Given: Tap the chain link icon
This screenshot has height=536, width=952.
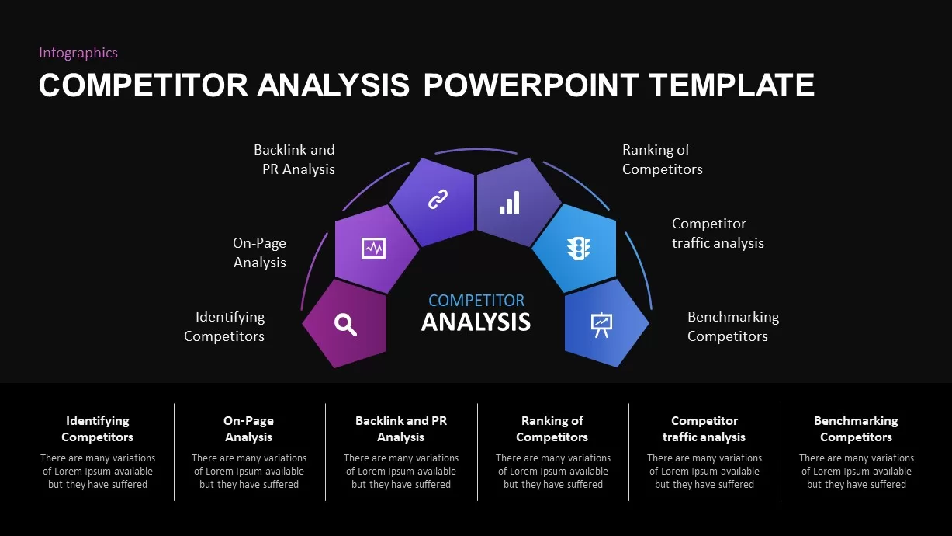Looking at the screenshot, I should [x=438, y=200].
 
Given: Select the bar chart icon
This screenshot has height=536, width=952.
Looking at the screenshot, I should [x=510, y=202].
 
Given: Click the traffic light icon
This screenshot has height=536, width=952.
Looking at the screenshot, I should [x=578, y=249].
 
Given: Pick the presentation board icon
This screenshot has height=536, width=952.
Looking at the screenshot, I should [x=601, y=324].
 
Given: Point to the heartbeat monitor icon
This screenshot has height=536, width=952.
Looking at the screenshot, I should [x=373, y=249].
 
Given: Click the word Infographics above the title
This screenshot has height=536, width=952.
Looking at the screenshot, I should [x=78, y=53].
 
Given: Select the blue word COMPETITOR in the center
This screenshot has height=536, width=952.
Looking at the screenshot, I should [x=476, y=301].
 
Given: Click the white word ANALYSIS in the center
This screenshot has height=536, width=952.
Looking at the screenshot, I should [x=476, y=322].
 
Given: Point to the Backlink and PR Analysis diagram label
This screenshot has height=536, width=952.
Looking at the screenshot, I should [x=295, y=159].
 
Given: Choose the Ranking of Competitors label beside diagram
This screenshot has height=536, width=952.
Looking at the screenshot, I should [x=662, y=159].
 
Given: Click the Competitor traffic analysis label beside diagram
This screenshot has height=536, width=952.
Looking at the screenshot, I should [x=718, y=233].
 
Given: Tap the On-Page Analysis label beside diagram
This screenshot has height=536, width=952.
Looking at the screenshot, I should [x=260, y=252].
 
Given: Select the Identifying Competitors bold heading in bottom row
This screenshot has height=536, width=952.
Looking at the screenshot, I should [x=98, y=429].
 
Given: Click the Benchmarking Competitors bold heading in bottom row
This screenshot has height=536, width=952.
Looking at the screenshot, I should [x=856, y=429].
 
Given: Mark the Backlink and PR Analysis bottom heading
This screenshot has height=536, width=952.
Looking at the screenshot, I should [x=401, y=429].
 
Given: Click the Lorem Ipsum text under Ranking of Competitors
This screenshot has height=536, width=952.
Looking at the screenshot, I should [x=553, y=472].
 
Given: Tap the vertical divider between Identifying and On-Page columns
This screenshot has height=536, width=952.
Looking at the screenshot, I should [x=175, y=452].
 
